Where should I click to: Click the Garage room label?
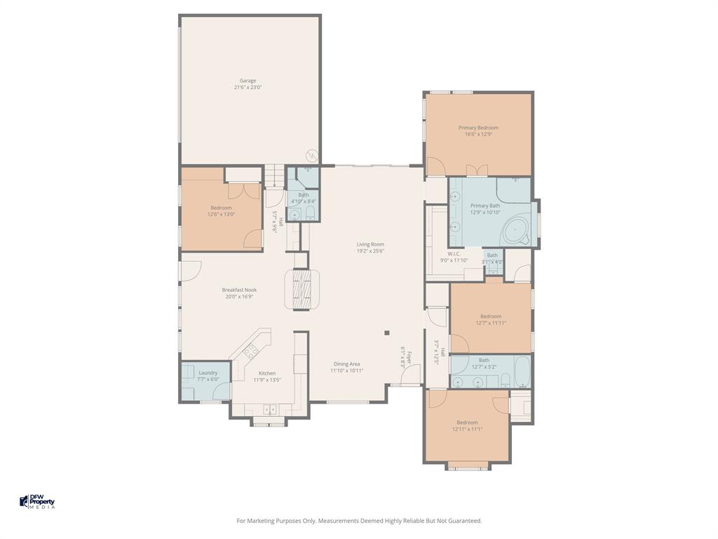(x=248, y=81)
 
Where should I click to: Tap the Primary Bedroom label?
(x=478, y=128)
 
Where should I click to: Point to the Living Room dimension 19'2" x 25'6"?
(x=370, y=251)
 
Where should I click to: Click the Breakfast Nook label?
(x=239, y=290)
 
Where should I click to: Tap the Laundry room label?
(x=208, y=373)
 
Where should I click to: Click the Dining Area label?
(x=346, y=364)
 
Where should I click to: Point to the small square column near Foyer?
(x=386, y=333)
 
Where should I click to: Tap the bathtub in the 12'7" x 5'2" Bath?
(x=522, y=372)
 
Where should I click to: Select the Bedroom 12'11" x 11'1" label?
(x=467, y=422)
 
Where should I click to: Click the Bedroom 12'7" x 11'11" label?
(x=490, y=317)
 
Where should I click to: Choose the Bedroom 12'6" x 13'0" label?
(x=221, y=208)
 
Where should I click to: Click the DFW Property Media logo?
(x=36, y=501)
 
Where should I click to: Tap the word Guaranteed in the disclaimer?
(x=465, y=521)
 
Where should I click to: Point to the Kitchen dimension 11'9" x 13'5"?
(x=267, y=380)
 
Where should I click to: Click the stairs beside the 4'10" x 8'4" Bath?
(x=274, y=175)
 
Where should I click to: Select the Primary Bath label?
(x=485, y=206)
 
